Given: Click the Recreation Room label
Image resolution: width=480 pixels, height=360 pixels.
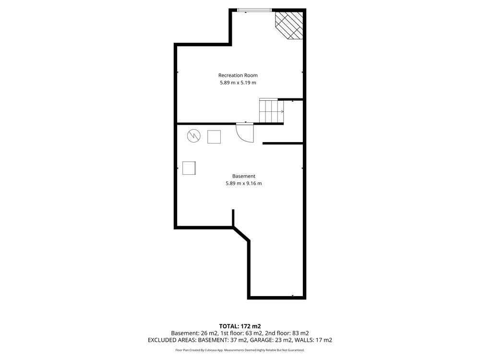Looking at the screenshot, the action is (238, 75).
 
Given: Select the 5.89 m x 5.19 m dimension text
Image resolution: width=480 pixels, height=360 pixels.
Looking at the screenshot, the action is (238, 83).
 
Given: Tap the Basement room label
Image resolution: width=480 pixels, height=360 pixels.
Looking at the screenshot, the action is (244, 176).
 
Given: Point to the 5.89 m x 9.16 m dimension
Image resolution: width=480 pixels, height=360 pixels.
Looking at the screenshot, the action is (244, 183).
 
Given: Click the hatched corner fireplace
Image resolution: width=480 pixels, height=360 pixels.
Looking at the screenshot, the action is (289, 25).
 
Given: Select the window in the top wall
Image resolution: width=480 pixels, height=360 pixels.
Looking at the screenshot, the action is (254, 11).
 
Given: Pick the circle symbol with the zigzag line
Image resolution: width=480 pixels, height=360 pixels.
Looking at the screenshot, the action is (194, 136).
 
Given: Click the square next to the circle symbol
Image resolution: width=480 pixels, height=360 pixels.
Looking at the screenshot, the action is (214, 137).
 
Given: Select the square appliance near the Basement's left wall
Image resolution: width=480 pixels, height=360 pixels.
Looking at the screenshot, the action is (189, 168).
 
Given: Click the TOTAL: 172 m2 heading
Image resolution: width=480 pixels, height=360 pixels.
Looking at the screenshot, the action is (240, 326).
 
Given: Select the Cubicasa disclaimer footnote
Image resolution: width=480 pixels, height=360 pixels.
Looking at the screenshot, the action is (240, 350).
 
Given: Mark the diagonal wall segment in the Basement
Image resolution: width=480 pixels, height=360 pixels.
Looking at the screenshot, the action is (241, 234).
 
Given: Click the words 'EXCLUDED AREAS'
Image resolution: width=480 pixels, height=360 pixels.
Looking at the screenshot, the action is (172, 340).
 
